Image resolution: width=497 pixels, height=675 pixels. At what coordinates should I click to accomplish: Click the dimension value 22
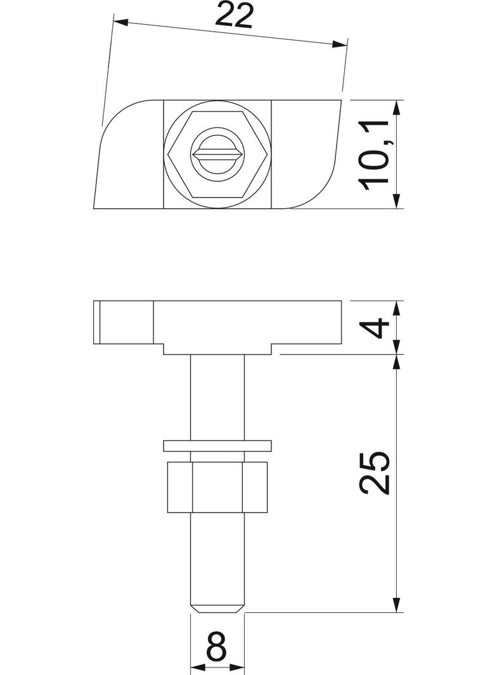pyautogui.click(x=233, y=15)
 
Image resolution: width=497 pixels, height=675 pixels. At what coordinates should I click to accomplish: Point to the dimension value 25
pyautogui.click(x=374, y=472)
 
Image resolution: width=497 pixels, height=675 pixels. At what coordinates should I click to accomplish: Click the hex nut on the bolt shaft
pyautogui.click(x=217, y=486)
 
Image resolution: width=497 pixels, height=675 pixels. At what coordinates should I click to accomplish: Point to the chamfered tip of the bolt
pyautogui.click(x=217, y=608)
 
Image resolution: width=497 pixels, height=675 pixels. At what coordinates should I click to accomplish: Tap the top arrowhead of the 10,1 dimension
pyautogui.click(x=397, y=108)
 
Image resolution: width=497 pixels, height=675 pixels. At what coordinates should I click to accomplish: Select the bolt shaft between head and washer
pyautogui.click(x=217, y=396)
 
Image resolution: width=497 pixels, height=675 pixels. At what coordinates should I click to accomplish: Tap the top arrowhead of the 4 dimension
pyautogui.click(x=397, y=308)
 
